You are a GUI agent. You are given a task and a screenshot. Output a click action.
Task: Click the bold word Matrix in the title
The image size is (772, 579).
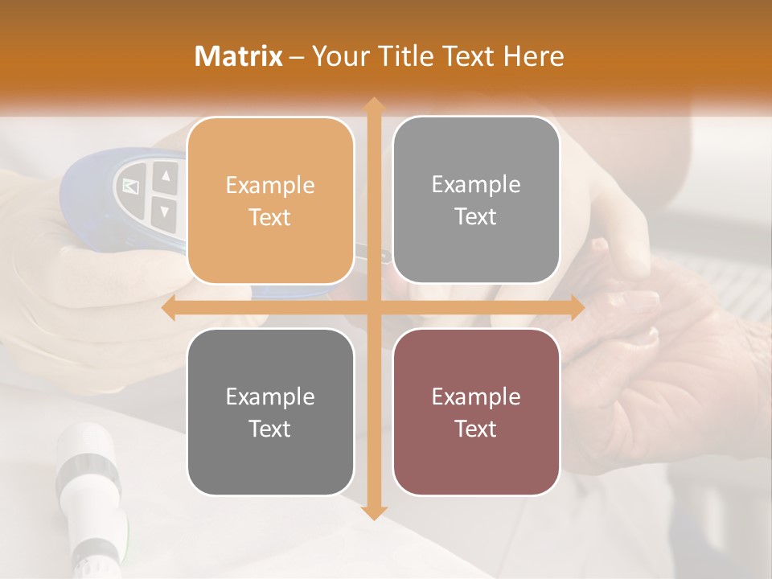point(239,56)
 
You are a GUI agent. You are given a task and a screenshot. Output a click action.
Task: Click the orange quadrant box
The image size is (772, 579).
point(270,201)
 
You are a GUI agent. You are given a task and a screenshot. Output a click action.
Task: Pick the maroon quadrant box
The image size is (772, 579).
point(476,412)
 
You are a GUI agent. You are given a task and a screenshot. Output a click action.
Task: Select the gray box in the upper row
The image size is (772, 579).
point(476,200)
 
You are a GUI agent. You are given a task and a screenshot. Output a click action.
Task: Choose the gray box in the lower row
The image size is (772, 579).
point(270,412)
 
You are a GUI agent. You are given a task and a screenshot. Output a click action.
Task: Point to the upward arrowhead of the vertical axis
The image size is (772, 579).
point(373,105)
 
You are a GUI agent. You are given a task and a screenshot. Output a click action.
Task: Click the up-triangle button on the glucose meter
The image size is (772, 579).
point(165,176)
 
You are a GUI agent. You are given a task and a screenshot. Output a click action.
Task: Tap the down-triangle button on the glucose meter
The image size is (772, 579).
point(165,212)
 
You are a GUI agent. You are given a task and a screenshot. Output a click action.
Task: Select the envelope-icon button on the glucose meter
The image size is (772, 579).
point(129,187)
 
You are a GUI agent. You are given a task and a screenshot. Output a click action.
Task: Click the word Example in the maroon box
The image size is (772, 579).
point(476,396)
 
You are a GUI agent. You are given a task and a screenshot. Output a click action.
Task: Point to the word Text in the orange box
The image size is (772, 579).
point(270,218)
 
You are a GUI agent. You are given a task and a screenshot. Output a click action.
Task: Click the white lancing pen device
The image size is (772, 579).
point(88,491)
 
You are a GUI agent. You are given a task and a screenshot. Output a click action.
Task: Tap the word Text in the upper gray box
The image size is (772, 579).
point(476,217)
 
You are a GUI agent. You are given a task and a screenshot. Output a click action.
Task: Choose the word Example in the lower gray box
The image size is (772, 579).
point(270,396)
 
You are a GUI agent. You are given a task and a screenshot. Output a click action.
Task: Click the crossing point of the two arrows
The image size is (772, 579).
point(373,307)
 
